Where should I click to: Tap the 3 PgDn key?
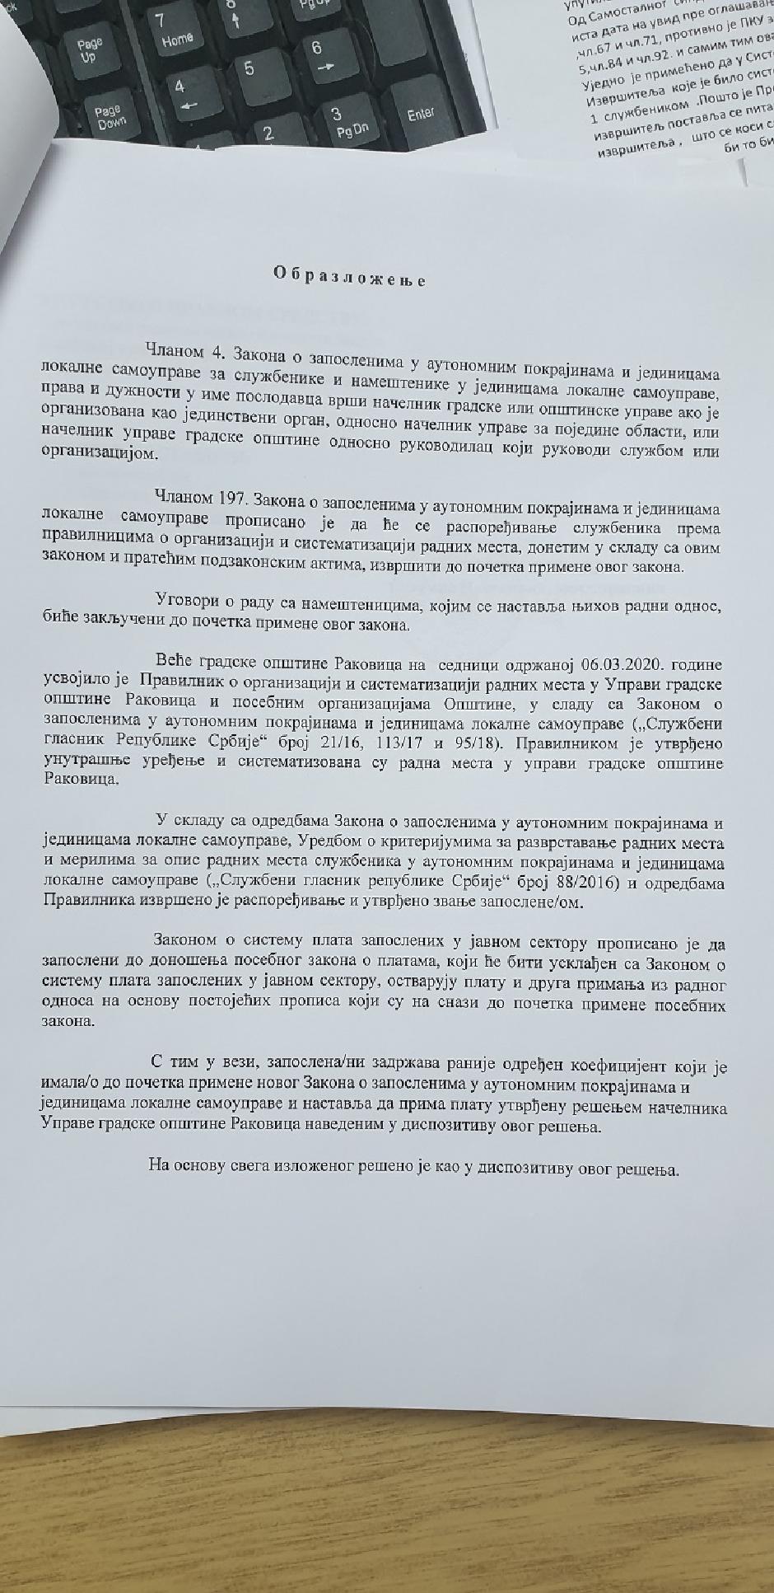pyautogui.click(x=339, y=122)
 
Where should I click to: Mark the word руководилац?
pyautogui.click(x=527, y=452)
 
